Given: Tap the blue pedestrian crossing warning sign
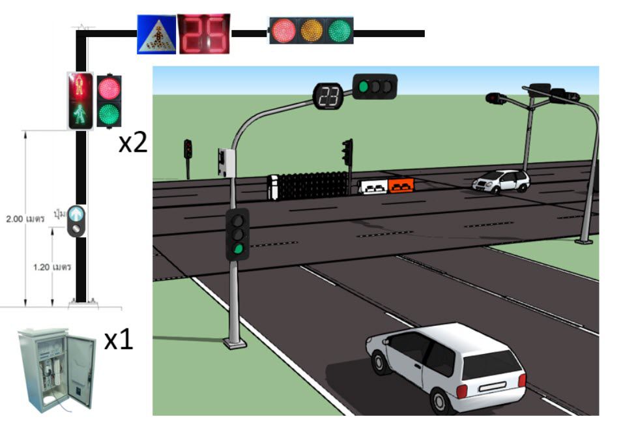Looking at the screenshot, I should pos(156,34).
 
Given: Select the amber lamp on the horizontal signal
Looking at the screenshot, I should pos(311,30).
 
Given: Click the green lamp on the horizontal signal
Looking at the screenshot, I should pos(339,30).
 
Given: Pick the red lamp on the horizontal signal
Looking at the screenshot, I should pos(284,30).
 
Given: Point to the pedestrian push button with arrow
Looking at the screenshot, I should pos(78,213).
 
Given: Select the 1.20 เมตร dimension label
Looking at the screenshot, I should pos(52,267).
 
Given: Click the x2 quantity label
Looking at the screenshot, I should pos(132,143).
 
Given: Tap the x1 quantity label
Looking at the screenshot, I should pos(119,340).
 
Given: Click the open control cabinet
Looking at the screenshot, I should pos(55,368).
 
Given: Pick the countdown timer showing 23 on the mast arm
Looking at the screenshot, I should pos(330,97).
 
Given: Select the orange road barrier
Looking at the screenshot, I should pos(401,186).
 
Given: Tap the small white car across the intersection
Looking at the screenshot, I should pos(500,181).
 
